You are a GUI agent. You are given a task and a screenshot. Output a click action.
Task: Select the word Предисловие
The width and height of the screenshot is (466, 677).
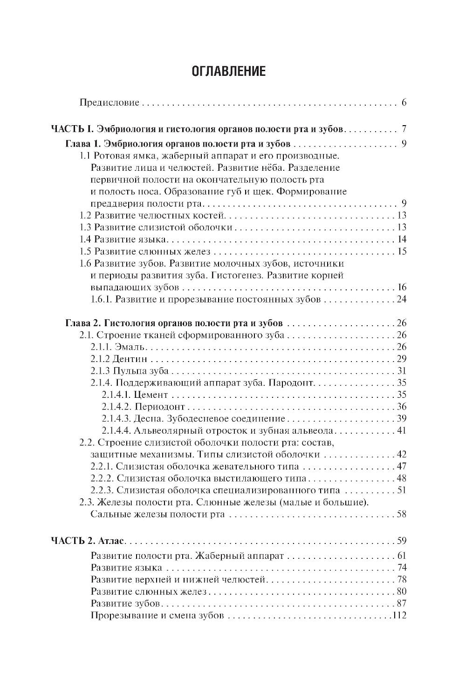pos(110,102)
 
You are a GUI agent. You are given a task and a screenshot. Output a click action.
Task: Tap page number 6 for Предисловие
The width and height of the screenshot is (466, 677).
pos(404,102)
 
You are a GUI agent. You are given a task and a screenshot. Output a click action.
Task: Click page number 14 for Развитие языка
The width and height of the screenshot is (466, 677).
pos(402,240)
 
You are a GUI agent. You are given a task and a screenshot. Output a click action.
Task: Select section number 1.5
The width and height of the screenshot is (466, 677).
pos(85,252)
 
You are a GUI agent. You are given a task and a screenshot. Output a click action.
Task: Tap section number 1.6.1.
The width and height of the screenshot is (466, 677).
pos(101,300)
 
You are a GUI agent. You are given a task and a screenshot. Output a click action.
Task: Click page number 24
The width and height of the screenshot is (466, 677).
pos(402,300)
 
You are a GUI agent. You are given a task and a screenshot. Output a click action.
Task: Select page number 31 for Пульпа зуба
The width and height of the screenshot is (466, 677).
pos(402,371)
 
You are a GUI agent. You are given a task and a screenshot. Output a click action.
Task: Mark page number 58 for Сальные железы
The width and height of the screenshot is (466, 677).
pos(402,514)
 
